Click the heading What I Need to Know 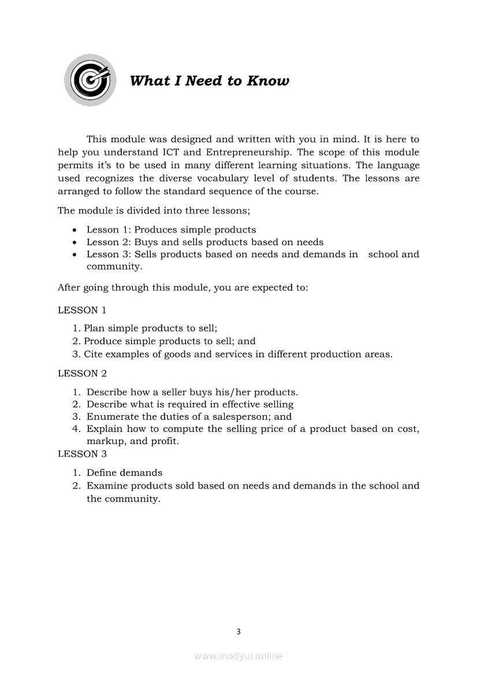click(209, 81)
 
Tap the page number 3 click(238, 631)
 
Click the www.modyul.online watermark click(238, 656)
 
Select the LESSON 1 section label click(82, 311)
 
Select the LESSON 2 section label click(82, 374)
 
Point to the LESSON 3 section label click(82, 454)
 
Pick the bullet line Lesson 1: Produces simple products click(171, 230)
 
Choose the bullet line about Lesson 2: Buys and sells click(205, 242)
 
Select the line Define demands click(124, 473)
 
